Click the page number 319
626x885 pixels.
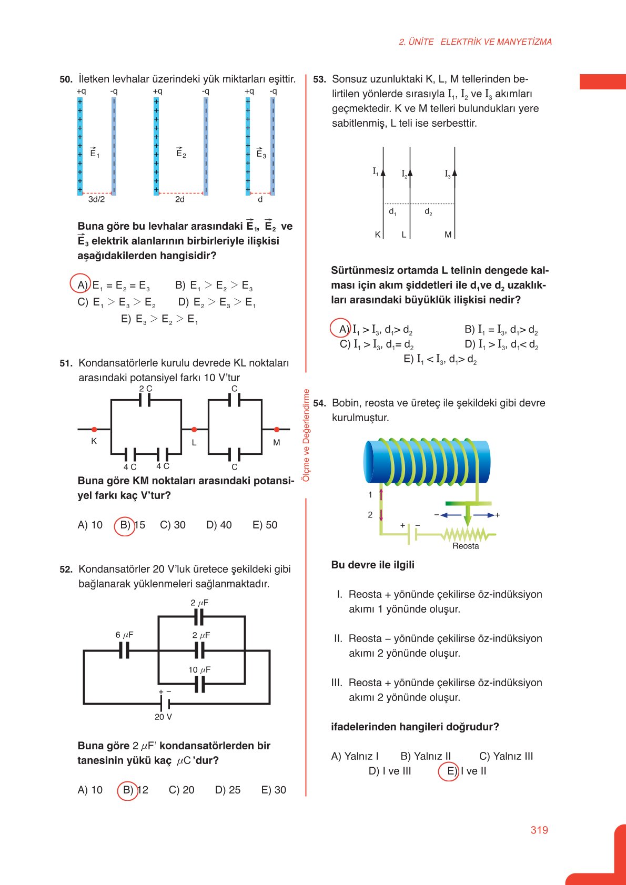click(539, 830)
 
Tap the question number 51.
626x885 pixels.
click(66, 363)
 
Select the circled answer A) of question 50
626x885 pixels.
click(81, 284)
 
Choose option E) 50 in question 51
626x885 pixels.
click(265, 525)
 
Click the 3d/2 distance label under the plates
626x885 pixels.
click(96, 199)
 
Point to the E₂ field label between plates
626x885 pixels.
click(181, 153)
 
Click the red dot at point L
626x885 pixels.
click(194, 430)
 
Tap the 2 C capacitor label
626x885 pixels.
click(146, 389)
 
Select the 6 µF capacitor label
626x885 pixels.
click(124, 635)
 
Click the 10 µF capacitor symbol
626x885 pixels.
click(199, 685)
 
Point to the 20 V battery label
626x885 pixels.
click(163, 717)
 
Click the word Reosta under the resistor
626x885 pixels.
click(466, 546)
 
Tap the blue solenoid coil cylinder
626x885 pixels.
click(426, 461)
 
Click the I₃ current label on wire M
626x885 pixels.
click(448, 174)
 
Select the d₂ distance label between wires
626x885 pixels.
click(428, 212)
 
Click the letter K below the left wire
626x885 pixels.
click(378, 235)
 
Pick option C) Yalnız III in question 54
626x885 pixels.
click(506, 756)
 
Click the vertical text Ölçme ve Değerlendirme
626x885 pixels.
click(306, 435)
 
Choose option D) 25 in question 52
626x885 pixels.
click(227, 790)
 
